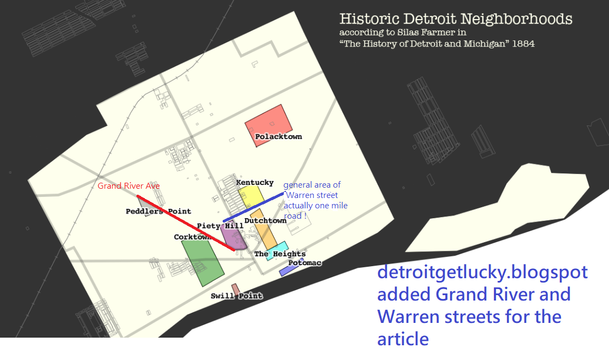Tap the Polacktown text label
pyautogui.click(x=278, y=136)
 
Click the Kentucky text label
pyautogui.click(x=254, y=182)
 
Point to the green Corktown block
pyautogui.click(x=202, y=262)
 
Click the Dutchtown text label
pyautogui.click(x=265, y=221)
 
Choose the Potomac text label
pyautogui.click(x=304, y=263)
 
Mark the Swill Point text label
pyautogui.click(x=236, y=296)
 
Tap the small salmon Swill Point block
pyautogui.click(x=235, y=288)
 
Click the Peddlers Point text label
pyautogui.click(x=158, y=211)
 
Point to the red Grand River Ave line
pyautogui.click(x=186, y=223)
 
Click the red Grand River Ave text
pyautogui.click(x=128, y=186)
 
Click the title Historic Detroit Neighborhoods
pyautogui.click(x=456, y=20)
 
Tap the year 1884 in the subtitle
pyautogui.click(x=524, y=44)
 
